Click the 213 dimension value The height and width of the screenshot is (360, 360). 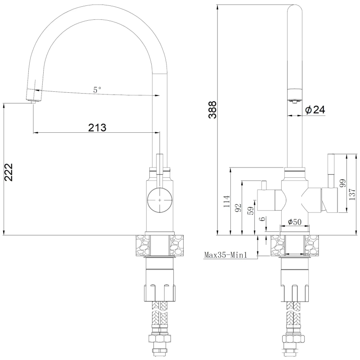tap(97, 127)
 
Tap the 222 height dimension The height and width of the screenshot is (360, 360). tap(9, 172)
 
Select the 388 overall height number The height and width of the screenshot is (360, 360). tap(212, 110)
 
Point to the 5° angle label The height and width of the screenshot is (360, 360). tap(97, 90)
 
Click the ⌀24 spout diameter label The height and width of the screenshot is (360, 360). tap(315, 110)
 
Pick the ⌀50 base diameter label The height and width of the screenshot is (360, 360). tap(295, 222)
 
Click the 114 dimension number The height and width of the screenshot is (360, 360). tap(227, 201)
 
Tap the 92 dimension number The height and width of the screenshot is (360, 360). tap(238, 207)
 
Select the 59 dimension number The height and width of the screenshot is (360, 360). tap(252, 211)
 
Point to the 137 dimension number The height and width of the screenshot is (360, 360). tap(352, 194)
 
